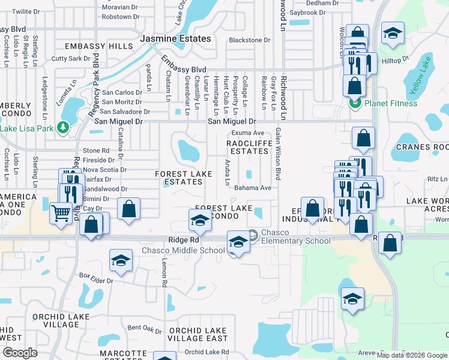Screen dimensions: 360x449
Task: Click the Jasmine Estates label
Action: (x=175, y=38)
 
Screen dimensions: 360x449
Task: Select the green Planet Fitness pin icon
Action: (x=354, y=103)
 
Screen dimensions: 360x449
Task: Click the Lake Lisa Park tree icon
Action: (x=62, y=127)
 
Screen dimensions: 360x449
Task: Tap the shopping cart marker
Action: (x=61, y=213)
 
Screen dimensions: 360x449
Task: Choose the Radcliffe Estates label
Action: (x=247, y=147)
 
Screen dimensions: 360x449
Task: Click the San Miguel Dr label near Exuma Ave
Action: (x=235, y=122)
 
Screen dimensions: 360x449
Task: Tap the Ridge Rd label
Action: (x=183, y=240)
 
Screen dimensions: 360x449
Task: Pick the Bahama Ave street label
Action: (x=253, y=188)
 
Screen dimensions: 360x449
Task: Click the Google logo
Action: (x=20, y=353)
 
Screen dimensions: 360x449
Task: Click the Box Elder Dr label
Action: (x=95, y=275)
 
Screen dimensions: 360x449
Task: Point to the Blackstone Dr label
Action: (x=250, y=40)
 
